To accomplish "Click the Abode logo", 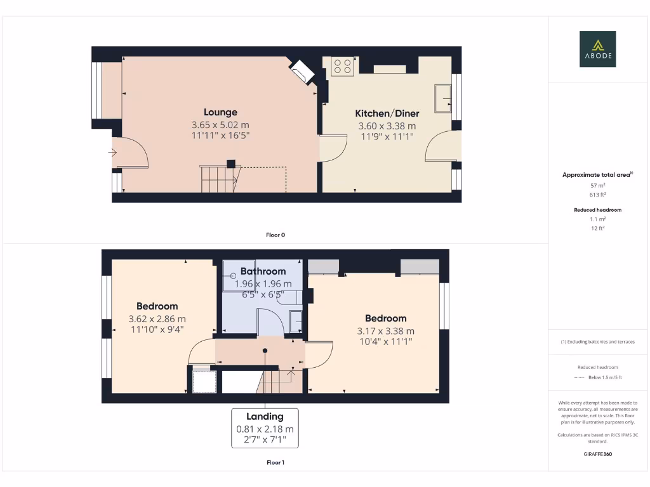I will (597, 49).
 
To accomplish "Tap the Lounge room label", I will (220, 112).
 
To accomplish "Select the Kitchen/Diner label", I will (387, 114).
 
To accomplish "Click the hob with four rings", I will (343, 67).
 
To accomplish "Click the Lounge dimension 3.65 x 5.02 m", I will (220, 125).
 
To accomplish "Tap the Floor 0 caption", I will (275, 235).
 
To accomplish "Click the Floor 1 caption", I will (275, 462).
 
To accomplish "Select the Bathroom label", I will (263, 271).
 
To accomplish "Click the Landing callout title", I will (265, 417).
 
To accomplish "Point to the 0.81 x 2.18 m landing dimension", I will (265, 429).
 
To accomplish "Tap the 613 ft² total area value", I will (597, 195).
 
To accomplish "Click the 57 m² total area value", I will (597, 185).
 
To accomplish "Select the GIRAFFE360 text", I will (597, 454).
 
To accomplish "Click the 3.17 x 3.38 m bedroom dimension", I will (385, 330).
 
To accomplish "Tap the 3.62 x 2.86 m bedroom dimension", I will (157, 318).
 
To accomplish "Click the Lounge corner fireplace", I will (302, 71).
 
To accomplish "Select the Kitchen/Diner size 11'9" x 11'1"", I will (387, 136).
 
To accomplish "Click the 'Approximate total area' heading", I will (597, 174).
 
